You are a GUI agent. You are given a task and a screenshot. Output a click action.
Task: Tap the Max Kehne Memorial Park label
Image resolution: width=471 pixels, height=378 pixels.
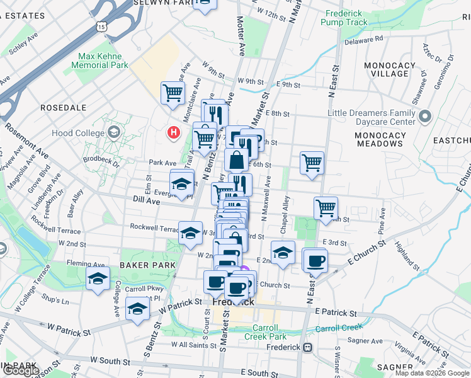click(x=103, y=60)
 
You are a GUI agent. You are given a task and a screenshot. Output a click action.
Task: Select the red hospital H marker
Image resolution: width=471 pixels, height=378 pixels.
click(x=173, y=133)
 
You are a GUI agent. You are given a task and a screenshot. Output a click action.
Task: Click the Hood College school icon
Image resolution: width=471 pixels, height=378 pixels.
click(x=113, y=132)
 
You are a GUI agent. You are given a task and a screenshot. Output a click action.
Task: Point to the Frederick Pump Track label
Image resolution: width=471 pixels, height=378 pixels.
click(x=344, y=18)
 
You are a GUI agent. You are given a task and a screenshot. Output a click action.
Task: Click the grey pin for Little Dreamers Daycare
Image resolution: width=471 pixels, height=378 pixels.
click(x=424, y=117)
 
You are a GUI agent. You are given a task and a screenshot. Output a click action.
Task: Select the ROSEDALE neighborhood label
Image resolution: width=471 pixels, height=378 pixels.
click(x=63, y=108)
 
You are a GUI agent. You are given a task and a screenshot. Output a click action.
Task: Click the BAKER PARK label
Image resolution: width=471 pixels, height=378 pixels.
click(x=148, y=265)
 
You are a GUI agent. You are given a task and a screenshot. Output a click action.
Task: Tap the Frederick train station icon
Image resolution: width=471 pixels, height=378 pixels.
click(x=307, y=347)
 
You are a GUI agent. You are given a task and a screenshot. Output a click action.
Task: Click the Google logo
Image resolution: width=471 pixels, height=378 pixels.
click(x=21, y=370)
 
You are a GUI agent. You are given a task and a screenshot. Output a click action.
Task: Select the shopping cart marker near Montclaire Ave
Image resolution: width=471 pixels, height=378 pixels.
click(x=173, y=94)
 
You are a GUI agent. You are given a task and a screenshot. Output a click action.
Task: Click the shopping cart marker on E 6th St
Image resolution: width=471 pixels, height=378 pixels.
click(x=312, y=163)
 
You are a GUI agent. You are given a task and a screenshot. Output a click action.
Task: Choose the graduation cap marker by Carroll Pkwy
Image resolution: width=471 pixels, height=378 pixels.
click(x=137, y=309)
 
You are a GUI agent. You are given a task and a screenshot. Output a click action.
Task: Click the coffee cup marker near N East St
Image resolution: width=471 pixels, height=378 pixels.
click(x=315, y=260)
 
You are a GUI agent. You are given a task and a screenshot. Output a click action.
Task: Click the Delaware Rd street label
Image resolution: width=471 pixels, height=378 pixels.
click(x=364, y=40)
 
